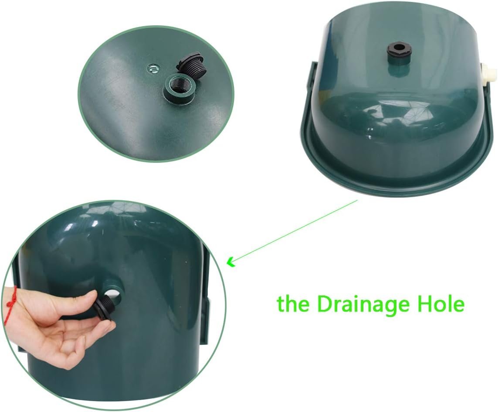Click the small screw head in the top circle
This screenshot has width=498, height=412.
pos(152,68)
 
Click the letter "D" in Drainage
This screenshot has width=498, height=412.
pos(325,303)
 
